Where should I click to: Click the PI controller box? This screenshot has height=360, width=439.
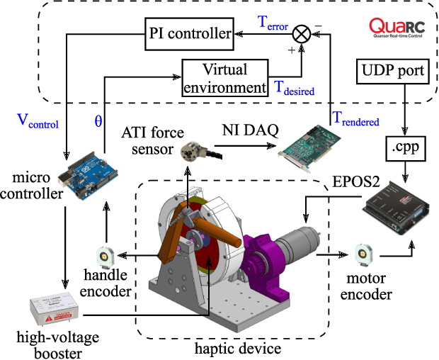click(190, 33)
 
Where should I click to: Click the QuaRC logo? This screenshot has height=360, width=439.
click(397, 28)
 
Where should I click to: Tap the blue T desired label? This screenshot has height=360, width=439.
click(294, 89)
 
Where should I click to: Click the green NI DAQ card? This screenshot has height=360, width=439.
click(304, 145)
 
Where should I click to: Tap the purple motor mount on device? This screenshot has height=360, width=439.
click(263, 256)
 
